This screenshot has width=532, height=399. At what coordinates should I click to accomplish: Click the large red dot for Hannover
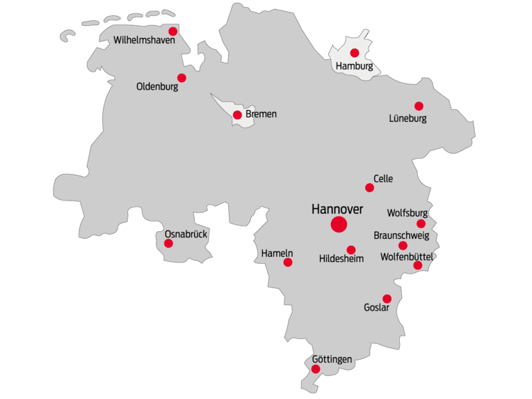(x=339, y=224)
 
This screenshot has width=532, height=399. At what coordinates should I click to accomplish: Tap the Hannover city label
(x=337, y=208)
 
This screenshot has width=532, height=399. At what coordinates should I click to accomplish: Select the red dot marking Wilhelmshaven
(x=173, y=31)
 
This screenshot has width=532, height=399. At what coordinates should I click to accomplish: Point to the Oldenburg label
(x=157, y=88)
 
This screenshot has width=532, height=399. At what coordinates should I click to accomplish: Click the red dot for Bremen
(x=237, y=115)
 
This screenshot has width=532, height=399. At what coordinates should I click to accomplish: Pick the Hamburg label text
(x=354, y=66)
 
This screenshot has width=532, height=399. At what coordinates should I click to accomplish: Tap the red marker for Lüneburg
(x=419, y=106)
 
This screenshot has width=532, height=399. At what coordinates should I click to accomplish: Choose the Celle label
(x=383, y=179)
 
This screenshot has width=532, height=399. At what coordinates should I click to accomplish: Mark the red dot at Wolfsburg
(x=421, y=224)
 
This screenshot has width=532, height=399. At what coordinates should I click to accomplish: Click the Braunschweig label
(x=401, y=235)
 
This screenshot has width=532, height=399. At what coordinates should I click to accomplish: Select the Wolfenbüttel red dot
(x=417, y=265)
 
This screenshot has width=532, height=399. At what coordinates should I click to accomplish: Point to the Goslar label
(x=377, y=307)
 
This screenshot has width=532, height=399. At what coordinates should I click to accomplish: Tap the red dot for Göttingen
(x=316, y=369)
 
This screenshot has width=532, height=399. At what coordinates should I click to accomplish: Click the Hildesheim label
(x=341, y=259)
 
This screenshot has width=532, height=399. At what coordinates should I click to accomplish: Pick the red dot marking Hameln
(x=288, y=263)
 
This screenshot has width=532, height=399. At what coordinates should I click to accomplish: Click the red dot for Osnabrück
(x=168, y=243)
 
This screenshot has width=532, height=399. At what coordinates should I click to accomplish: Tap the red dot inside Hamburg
(x=355, y=53)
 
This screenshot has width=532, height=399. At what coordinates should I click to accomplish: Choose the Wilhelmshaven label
(x=145, y=40)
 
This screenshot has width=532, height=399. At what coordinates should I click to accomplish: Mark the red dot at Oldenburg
(x=182, y=78)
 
